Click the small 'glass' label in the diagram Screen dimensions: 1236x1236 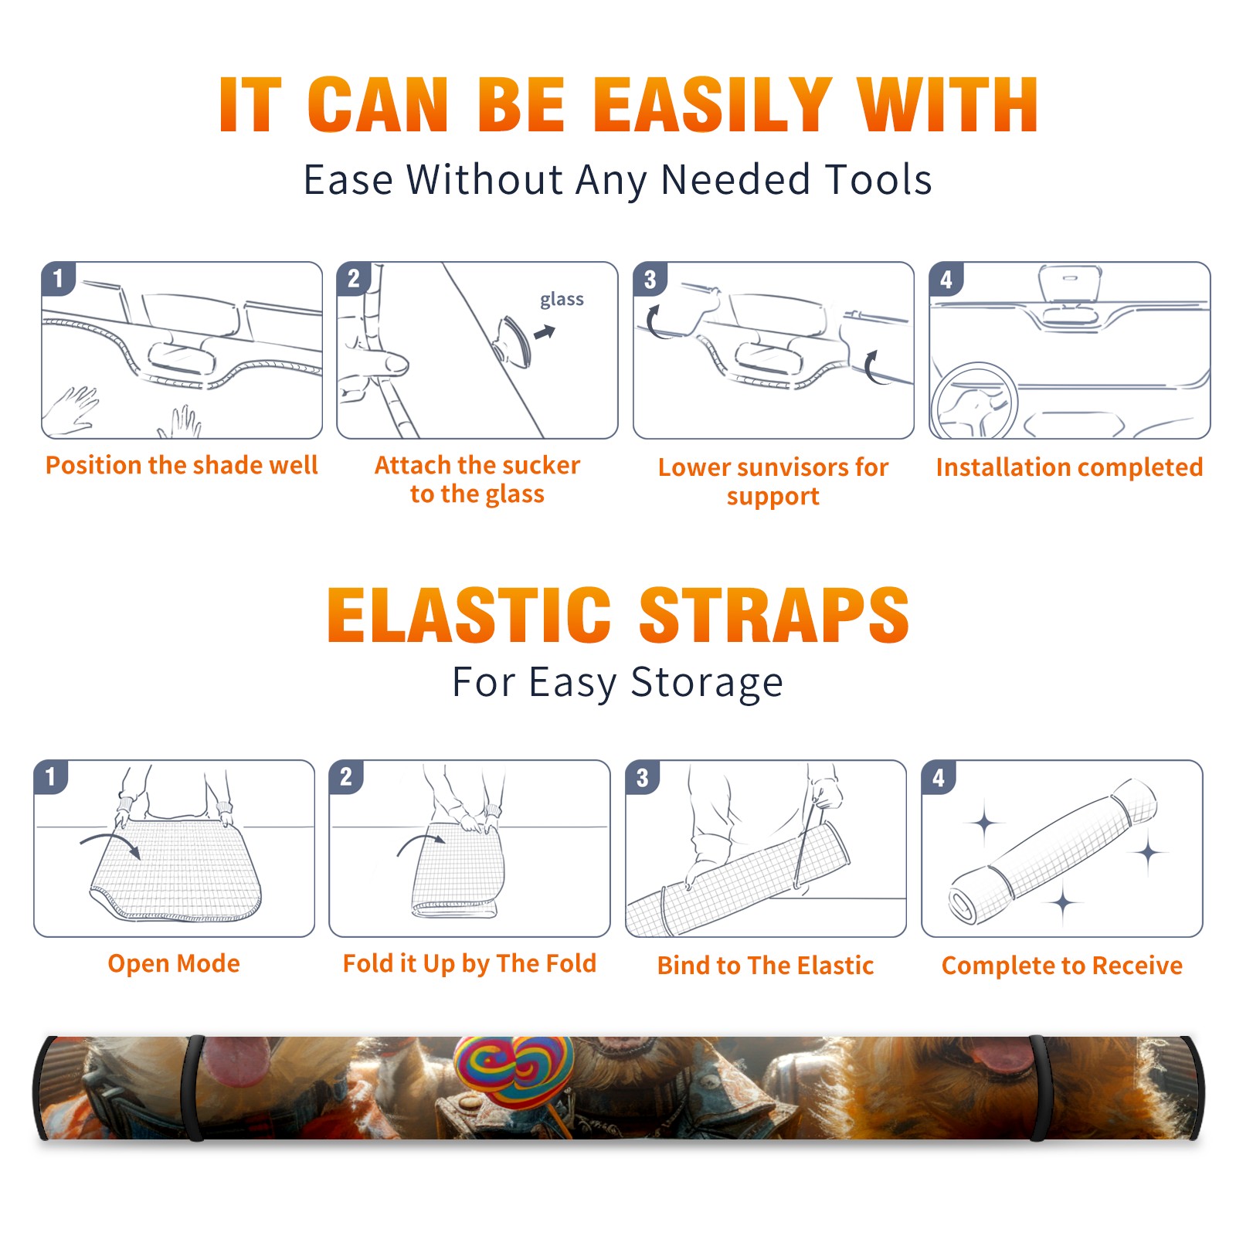click(562, 300)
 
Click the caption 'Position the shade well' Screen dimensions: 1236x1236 click(182, 465)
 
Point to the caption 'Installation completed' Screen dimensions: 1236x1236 click(1069, 467)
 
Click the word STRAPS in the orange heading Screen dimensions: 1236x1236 click(774, 615)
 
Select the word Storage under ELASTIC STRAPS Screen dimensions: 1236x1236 click(707, 683)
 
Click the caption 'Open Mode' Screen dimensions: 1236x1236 click(174, 963)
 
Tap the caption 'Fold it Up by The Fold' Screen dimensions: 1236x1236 click(470, 963)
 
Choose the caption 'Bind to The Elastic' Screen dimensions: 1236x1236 click(766, 966)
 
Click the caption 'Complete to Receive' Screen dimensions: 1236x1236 click(1062, 966)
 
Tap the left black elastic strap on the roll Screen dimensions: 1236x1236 click(193, 1088)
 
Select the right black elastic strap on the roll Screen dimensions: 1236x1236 click(1039, 1088)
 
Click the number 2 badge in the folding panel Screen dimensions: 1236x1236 click(346, 777)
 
